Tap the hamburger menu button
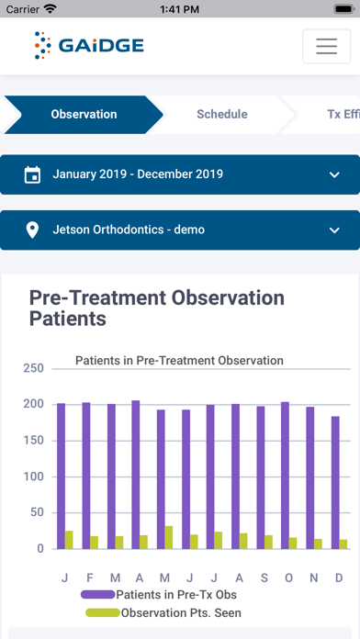(326, 46)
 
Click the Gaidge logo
(89, 45)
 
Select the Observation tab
(84, 115)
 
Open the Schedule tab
(221, 115)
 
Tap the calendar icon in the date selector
(32, 174)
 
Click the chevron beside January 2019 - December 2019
(333, 174)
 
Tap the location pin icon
(32, 230)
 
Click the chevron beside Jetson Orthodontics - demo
(333, 230)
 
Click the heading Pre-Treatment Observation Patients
(156, 308)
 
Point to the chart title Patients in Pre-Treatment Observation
(179, 361)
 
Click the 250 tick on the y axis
(33, 368)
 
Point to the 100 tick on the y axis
(33, 476)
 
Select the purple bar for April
(136, 474)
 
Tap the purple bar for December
(334, 482)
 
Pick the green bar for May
(168, 537)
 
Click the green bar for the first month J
(69, 540)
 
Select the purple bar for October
(285, 475)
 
